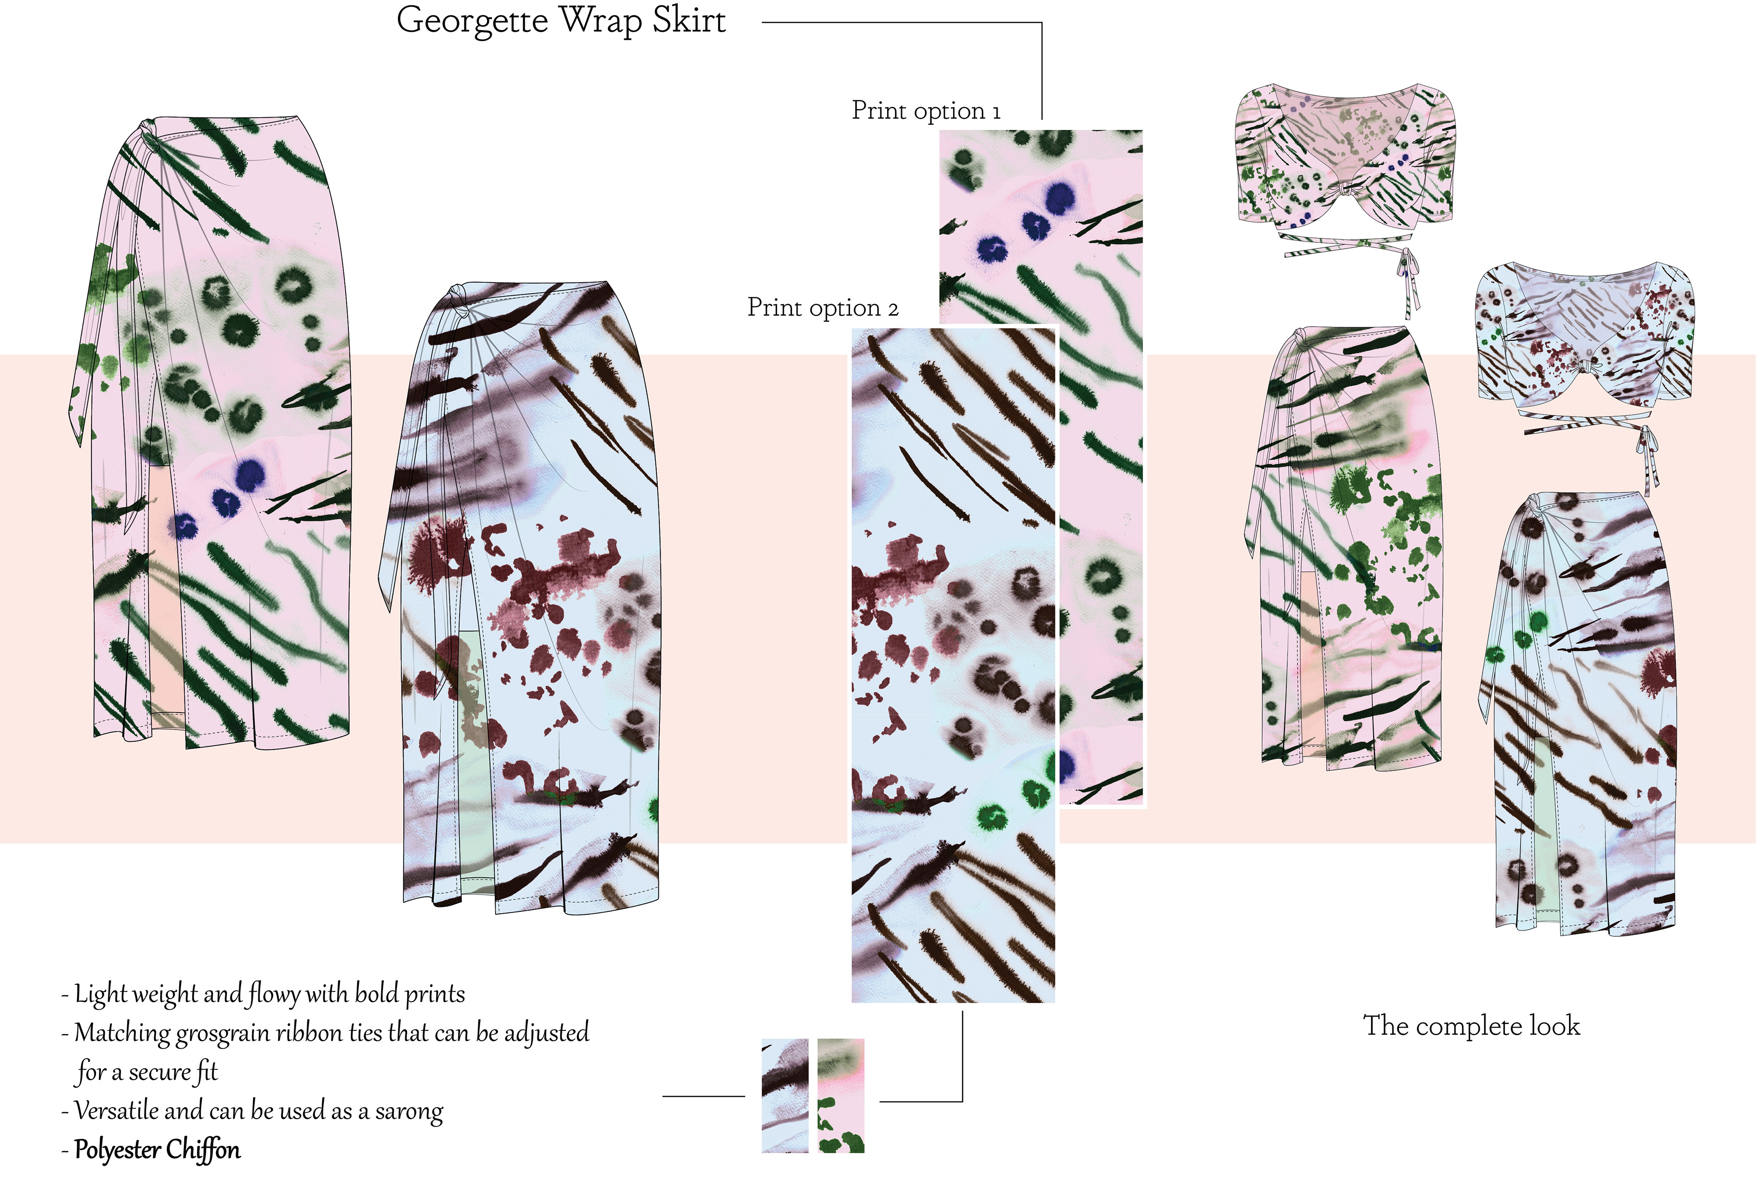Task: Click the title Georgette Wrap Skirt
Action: click(561, 21)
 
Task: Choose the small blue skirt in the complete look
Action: click(1584, 715)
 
